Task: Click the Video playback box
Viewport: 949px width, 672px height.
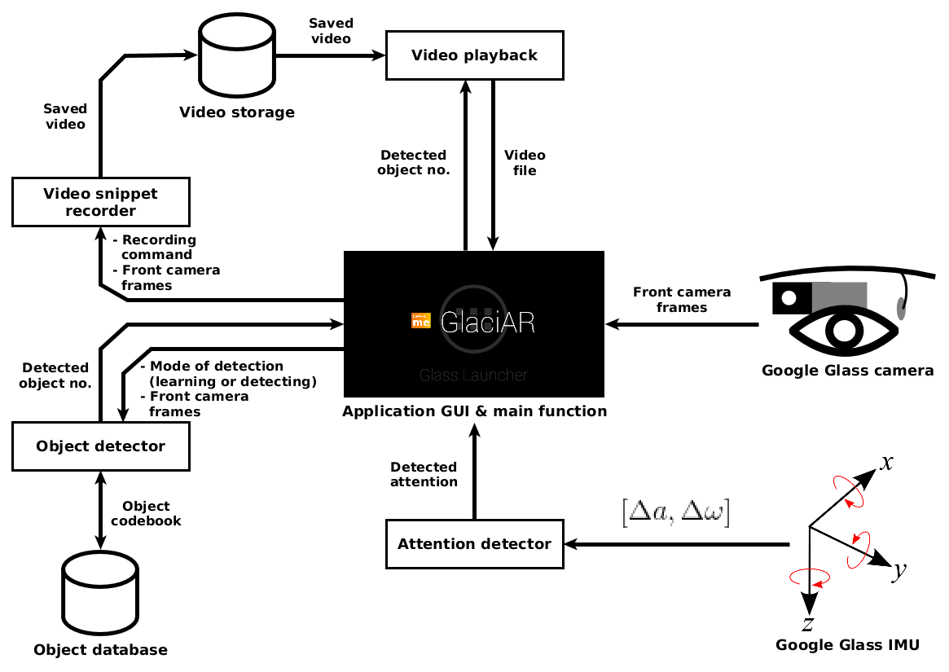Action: coord(474,55)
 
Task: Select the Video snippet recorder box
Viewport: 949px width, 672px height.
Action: coord(101,203)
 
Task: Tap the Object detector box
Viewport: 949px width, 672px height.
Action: coord(101,446)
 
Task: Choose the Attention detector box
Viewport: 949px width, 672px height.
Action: coord(474,543)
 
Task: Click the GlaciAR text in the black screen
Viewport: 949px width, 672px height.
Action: coord(487,323)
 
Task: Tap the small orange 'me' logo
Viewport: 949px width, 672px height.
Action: coord(421,321)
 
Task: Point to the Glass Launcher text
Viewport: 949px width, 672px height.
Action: coord(473,376)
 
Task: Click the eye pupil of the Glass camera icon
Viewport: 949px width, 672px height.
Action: coord(844,330)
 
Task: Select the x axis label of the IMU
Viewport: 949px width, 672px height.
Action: coord(887,463)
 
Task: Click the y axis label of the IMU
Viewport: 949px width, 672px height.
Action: coord(899,571)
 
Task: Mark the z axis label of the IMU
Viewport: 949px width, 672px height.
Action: coord(808,624)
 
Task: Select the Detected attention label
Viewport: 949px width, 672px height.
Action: coord(424,474)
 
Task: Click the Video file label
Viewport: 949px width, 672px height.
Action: coord(525,162)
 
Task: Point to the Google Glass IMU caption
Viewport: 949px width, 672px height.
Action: coord(847,645)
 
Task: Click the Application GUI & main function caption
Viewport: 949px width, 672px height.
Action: coord(474,411)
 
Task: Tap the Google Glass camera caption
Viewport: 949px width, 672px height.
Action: coord(847,371)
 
